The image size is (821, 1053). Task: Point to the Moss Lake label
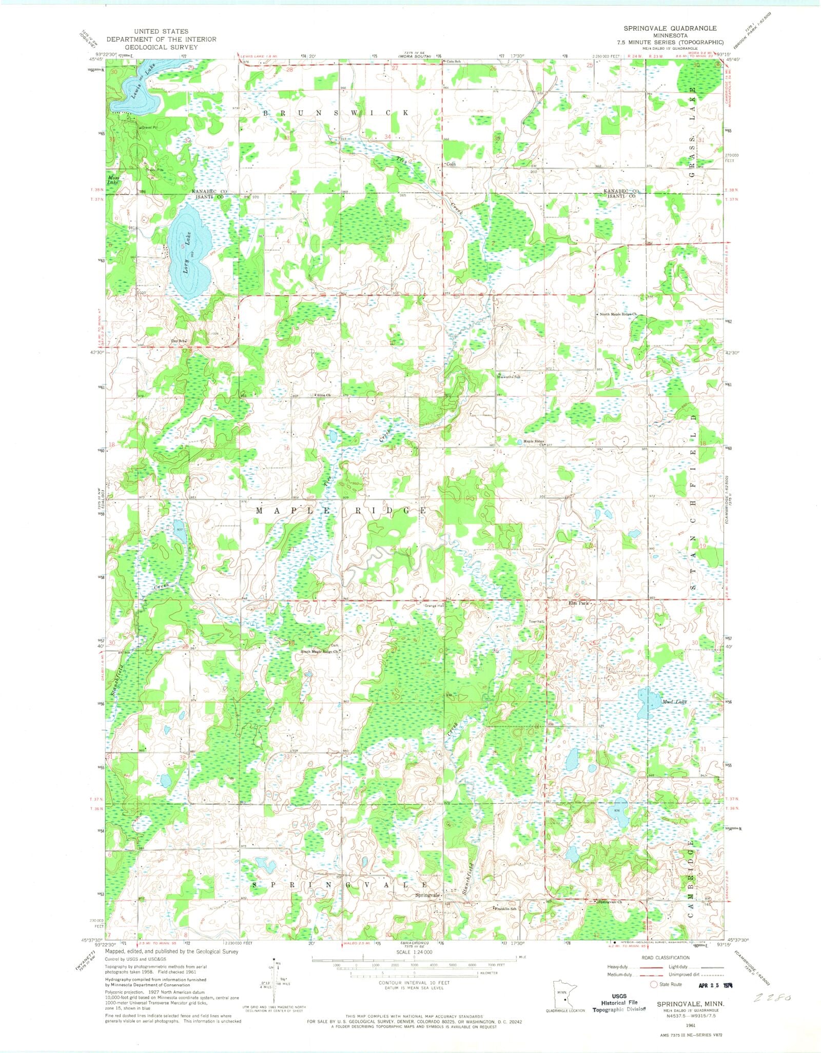point(113,180)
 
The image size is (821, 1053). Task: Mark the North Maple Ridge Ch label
point(618,314)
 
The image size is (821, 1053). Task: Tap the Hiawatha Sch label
point(509,376)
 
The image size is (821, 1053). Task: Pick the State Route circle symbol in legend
point(654,984)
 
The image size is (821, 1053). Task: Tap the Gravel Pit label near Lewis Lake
point(149,127)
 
